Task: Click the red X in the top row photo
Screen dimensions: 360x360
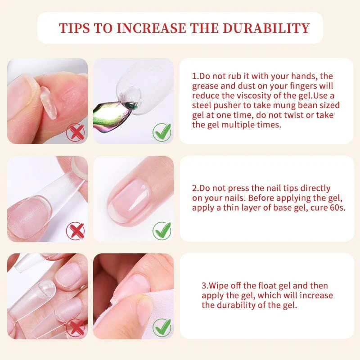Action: tap(76, 133)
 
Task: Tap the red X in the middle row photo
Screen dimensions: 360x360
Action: tap(76, 231)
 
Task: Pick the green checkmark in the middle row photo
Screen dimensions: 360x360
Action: tap(162, 231)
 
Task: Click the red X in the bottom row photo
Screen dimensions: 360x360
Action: tap(76, 327)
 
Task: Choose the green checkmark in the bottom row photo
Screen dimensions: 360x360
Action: tap(162, 327)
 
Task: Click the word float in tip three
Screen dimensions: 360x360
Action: tap(268, 286)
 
